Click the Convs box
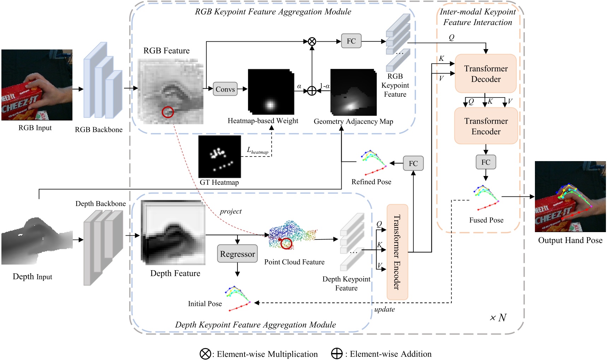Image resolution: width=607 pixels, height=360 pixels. pyautogui.click(x=225, y=89)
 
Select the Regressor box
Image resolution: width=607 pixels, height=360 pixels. pyautogui.click(x=237, y=254)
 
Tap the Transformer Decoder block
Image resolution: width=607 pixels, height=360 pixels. pyautogui.click(x=486, y=73)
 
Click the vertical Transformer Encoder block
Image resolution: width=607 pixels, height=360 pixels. pyautogui.click(x=397, y=252)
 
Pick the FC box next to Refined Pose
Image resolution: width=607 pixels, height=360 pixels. pyautogui.click(x=413, y=164)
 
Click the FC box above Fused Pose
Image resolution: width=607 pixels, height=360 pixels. pyautogui.click(x=486, y=162)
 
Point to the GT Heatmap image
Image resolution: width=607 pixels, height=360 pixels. pyautogui.click(x=219, y=157)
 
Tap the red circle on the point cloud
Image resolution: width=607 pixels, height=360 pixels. pyautogui.click(x=286, y=243)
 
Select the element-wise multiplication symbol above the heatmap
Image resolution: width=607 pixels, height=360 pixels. pyautogui.click(x=312, y=41)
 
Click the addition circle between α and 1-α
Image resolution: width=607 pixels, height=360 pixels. pyautogui.click(x=312, y=91)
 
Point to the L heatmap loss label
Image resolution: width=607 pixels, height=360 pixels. pyautogui.click(x=257, y=151)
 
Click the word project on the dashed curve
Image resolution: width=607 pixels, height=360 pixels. pyautogui.click(x=231, y=211)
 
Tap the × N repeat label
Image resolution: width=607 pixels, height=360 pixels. pyautogui.click(x=498, y=318)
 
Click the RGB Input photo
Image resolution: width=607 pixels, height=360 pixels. pyautogui.click(x=37, y=85)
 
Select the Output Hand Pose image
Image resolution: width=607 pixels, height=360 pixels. pyautogui.click(x=570, y=196)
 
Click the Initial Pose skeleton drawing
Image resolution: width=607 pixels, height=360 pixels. pyautogui.click(x=238, y=299)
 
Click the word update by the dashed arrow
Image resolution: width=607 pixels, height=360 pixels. pyautogui.click(x=385, y=309)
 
